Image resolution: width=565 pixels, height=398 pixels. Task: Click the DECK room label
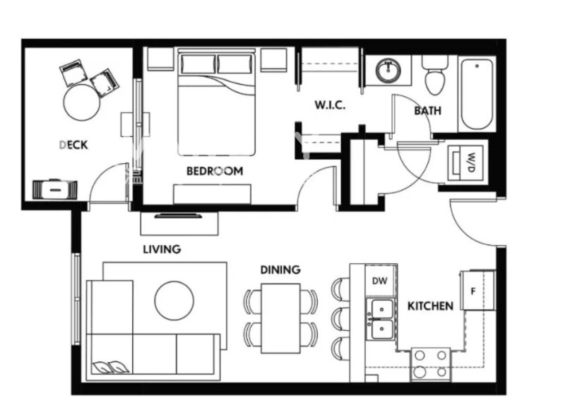(x=73, y=145)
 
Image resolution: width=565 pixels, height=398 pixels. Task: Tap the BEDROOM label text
(x=214, y=171)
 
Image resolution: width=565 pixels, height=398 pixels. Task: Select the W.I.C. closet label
(x=329, y=106)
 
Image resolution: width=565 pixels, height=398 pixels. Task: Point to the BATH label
(x=427, y=111)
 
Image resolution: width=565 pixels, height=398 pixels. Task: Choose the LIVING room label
(x=162, y=249)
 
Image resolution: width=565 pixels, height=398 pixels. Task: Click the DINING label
(x=280, y=270)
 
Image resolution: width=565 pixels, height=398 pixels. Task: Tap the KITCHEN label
(x=430, y=306)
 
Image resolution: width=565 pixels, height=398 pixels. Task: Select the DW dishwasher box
(x=379, y=280)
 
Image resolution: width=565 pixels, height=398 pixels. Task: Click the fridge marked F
(x=474, y=290)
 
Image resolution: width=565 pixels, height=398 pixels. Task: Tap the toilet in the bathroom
(x=434, y=76)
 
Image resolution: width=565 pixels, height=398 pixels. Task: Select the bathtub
(x=478, y=95)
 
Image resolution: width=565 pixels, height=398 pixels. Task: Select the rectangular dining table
(x=280, y=318)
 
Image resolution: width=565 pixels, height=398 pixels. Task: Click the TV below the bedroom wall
(x=179, y=215)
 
